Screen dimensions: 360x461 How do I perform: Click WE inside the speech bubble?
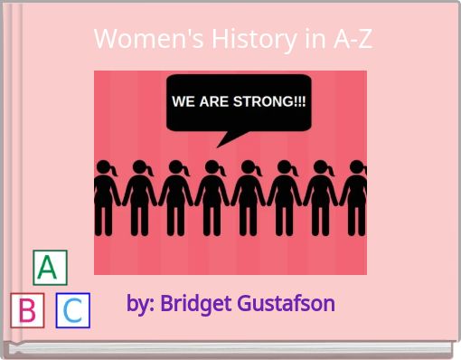coord(184,101)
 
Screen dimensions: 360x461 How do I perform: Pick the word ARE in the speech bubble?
coord(215,101)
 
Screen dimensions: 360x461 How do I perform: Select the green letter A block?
coord(50,268)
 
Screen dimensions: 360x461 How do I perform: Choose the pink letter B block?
coord(27,311)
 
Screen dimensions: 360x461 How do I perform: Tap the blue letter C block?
coord(73,311)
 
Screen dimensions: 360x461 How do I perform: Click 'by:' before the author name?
coord(141,303)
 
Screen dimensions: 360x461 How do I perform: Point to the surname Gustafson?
coord(286,303)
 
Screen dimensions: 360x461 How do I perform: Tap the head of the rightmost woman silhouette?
coord(355,169)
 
